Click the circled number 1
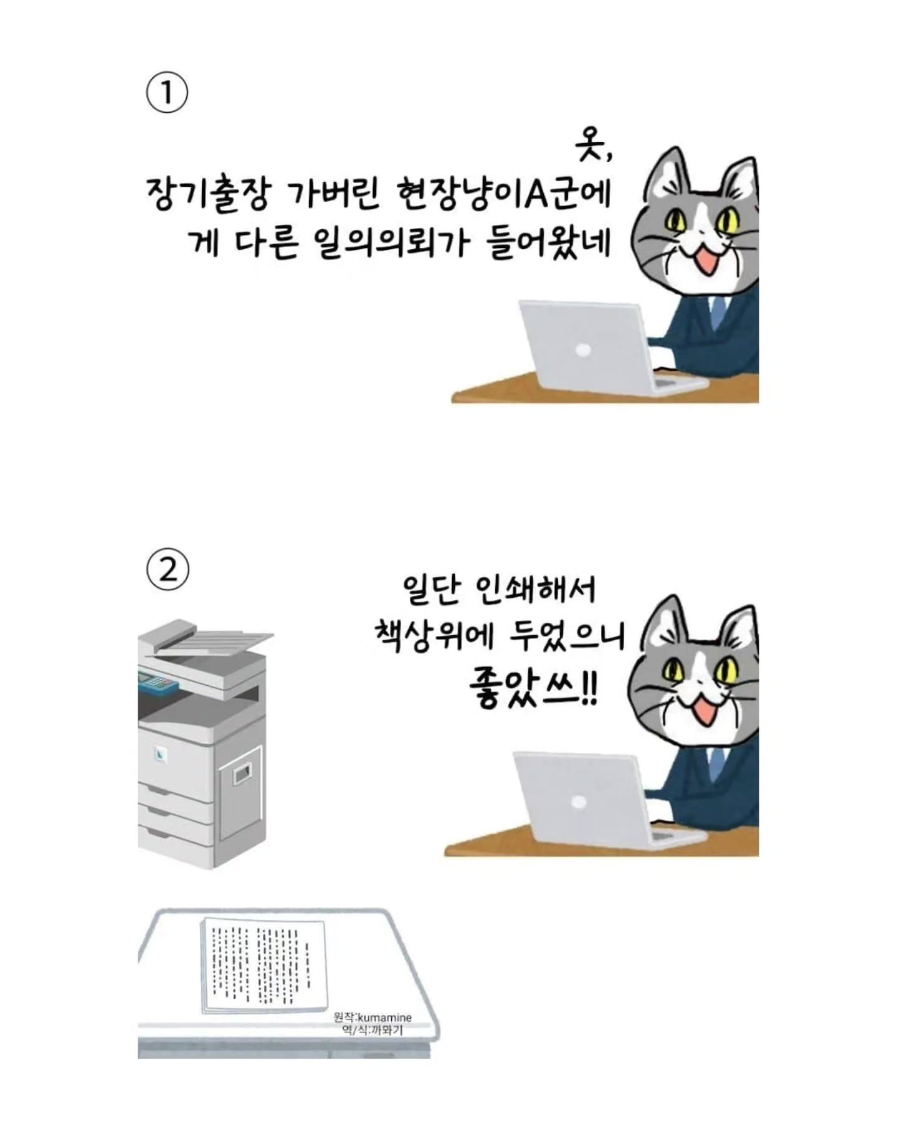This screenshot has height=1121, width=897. coord(166,93)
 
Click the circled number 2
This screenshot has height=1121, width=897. coord(168,570)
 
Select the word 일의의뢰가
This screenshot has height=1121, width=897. coord(390,242)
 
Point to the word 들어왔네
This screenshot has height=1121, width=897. coord(548,242)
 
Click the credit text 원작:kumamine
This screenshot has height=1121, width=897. coord(373,1017)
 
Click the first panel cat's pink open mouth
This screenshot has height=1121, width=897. coord(708,260)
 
